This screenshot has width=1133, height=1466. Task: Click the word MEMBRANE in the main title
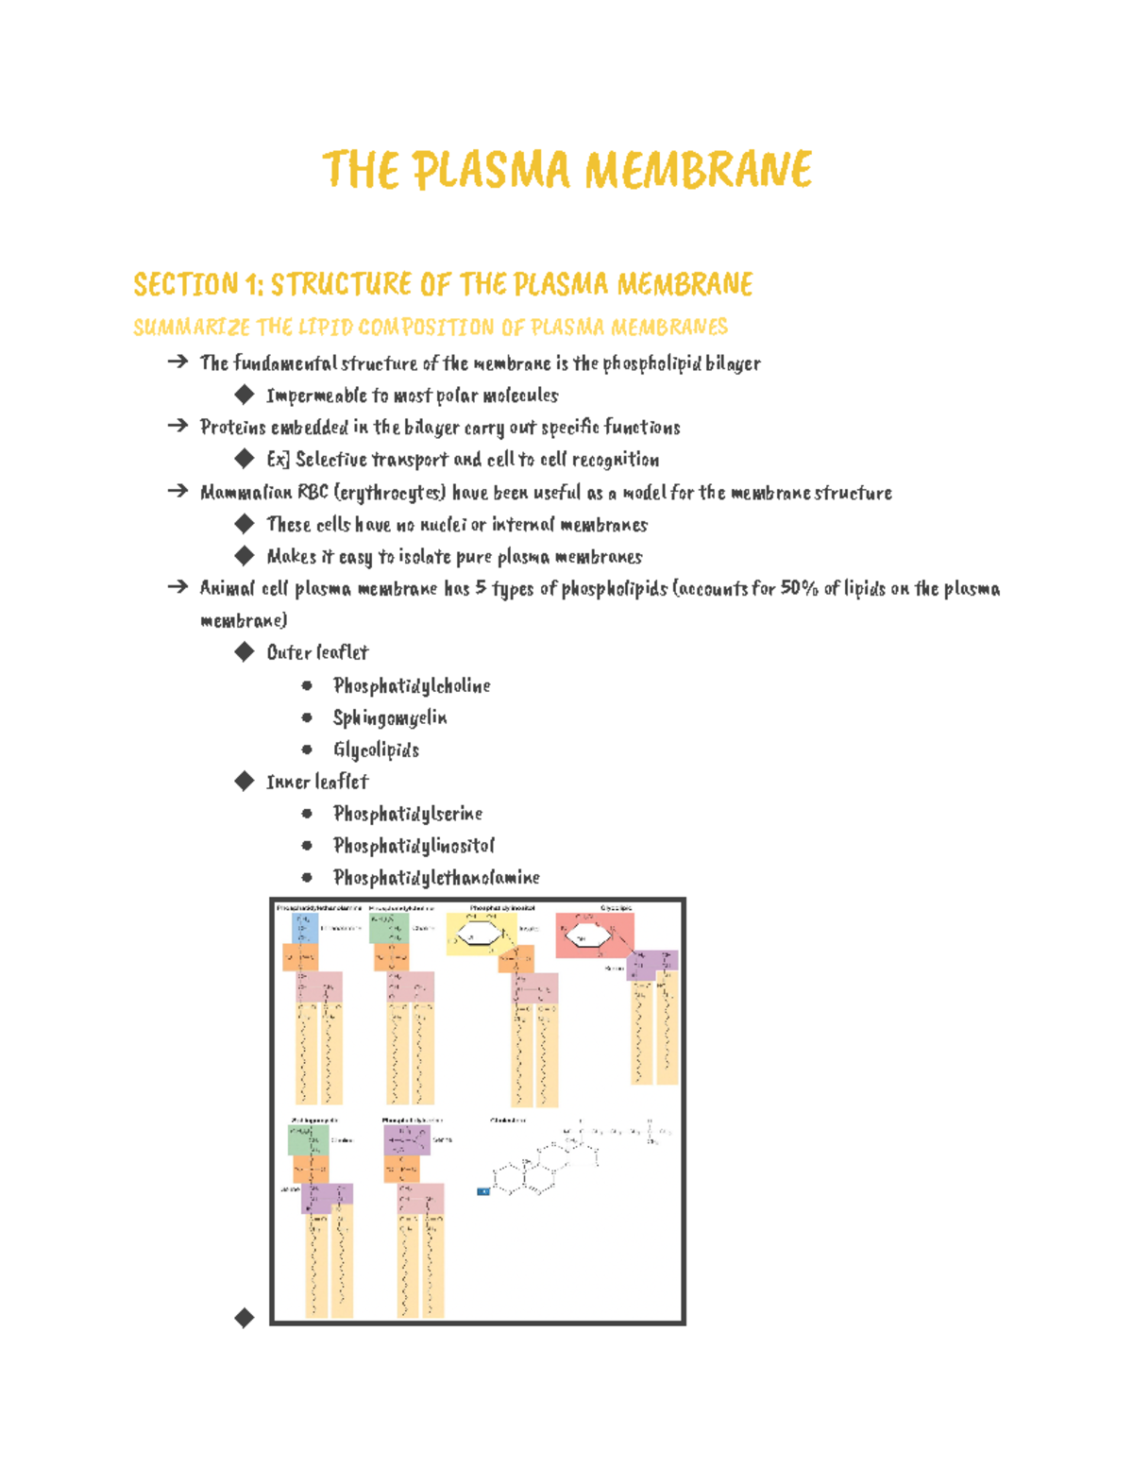click(698, 171)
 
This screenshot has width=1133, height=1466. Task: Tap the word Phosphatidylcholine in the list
click(412, 686)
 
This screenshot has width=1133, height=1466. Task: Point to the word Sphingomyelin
click(390, 718)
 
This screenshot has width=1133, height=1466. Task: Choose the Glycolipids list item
click(376, 750)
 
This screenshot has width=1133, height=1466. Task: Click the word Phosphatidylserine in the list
click(408, 814)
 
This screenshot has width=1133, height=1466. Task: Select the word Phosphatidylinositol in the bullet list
click(414, 846)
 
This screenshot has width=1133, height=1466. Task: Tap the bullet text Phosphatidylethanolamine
click(436, 878)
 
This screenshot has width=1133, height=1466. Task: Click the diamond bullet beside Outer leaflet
click(245, 651)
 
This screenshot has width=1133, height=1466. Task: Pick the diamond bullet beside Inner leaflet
click(245, 781)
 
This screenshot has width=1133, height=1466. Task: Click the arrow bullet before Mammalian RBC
click(178, 492)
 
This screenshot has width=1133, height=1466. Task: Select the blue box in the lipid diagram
click(304, 928)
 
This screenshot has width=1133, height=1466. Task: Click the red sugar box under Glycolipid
click(593, 935)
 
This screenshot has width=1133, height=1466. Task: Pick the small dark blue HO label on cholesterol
click(483, 1191)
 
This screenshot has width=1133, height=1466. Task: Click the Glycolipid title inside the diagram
click(617, 908)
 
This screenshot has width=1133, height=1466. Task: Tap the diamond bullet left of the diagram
click(245, 1318)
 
